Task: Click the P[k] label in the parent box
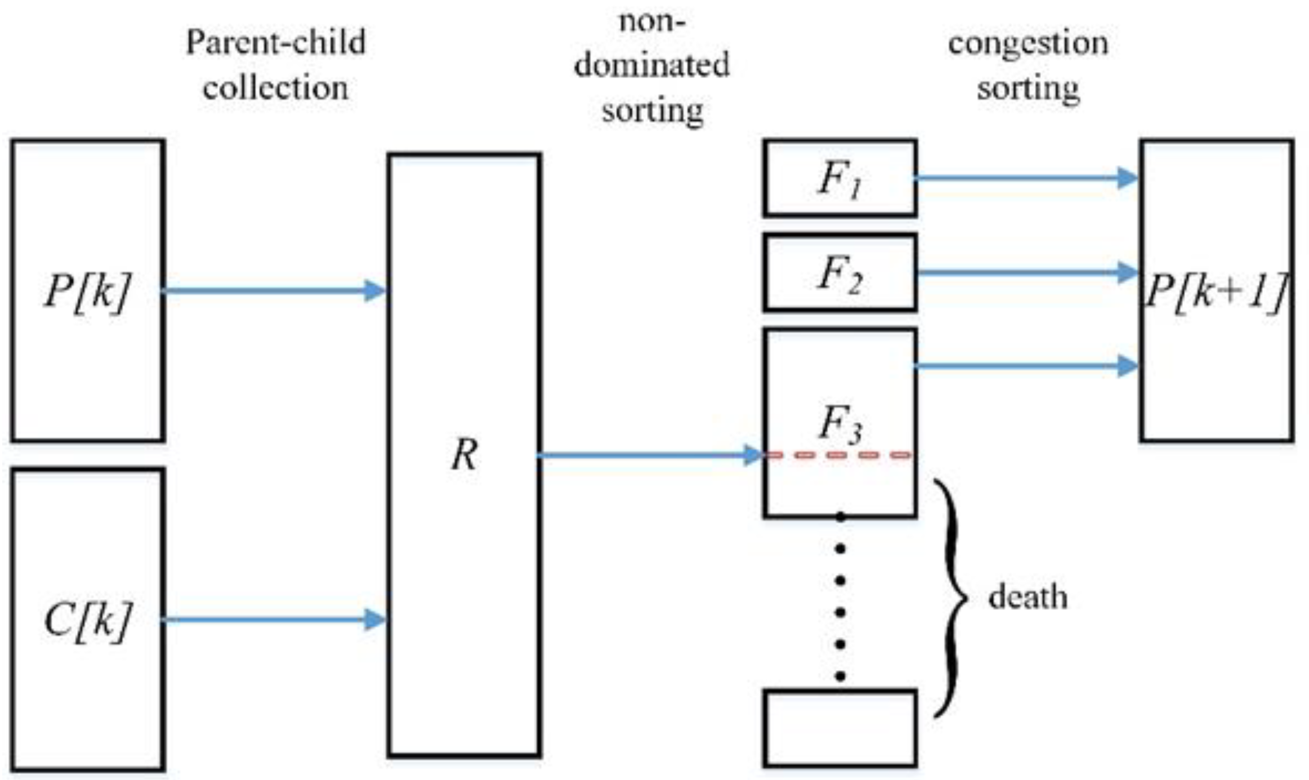click(87, 292)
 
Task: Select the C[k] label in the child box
click(87, 620)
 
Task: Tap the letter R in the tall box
click(464, 455)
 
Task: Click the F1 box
click(839, 178)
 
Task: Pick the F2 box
click(839, 273)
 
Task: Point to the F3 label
click(839, 423)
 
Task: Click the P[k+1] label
click(1216, 292)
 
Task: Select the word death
click(1027, 597)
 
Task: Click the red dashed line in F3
click(839, 455)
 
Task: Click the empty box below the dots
click(839, 728)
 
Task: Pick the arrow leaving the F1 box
click(1025, 178)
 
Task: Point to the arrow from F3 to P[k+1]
click(1025, 366)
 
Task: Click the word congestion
click(1027, 44)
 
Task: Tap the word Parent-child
click(276, 42)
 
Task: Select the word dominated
click(651, 65)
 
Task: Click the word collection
click(276, 88)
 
